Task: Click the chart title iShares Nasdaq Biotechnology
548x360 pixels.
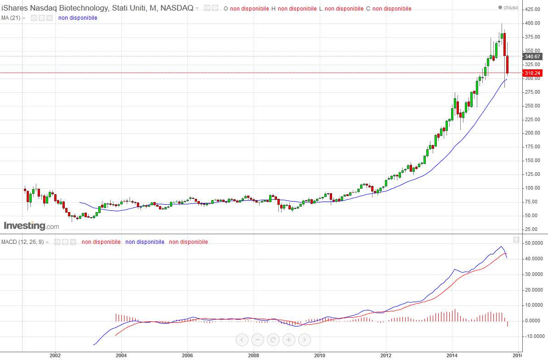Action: (x=55, y=8)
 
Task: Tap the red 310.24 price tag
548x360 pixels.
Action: (x=532, y=73)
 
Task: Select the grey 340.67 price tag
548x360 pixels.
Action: (x=532, y=56)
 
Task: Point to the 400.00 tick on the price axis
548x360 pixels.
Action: (x=532, y=23)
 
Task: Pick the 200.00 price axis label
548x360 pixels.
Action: (x=532, y=133)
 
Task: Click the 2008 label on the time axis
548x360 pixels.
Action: (x=254, y=355)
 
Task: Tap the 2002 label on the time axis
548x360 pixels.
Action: (x=55, y=355)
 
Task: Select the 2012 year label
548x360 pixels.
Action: (x=386, y=355)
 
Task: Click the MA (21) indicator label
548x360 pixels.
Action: (x=11, y=18)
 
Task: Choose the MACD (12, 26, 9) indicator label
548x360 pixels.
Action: (x=23, y=242)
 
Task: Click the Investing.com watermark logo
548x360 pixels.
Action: (x=31, y=226)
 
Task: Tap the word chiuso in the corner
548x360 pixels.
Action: (x=511, y=7)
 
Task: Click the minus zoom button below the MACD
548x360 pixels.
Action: (x=258, y=339)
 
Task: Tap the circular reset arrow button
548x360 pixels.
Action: (x=273, y=339)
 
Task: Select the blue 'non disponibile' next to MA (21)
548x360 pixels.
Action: (x=78, y=18)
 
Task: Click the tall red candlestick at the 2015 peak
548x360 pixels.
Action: (x=505, y=45)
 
